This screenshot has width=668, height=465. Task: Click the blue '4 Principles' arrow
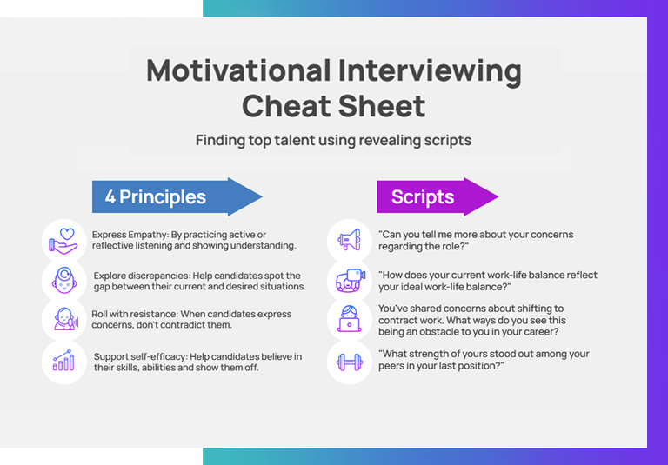click(174, 196)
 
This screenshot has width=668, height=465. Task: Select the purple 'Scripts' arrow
click(435, 196)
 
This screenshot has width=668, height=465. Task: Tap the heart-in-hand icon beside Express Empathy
click(64, 240)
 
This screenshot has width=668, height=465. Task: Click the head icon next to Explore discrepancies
click(64, 280)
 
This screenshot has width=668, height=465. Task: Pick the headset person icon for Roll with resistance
click(64, 320)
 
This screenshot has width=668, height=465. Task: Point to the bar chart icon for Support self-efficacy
click(64, 362)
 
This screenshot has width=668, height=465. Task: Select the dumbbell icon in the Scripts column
click(349, 362)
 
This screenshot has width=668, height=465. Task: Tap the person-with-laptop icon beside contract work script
click(349, 320)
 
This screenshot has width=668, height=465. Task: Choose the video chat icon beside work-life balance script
click(349, 280)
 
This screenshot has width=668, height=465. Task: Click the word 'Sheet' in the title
click(385, 106)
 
